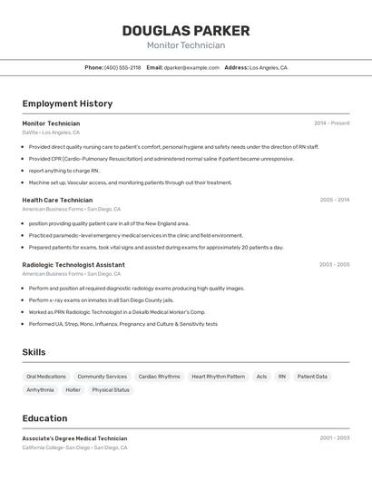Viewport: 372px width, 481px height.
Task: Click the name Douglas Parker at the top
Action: click(186, 31)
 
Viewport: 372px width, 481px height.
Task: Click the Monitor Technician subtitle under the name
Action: click(186, 45)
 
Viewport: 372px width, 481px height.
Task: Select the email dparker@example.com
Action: click(191, 67)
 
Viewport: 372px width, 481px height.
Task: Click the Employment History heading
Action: click(67, 103)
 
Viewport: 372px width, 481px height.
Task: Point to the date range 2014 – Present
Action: click(331, 123)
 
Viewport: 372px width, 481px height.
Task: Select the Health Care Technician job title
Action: click(57, 200)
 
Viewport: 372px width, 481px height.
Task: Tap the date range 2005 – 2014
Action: click(334, 200)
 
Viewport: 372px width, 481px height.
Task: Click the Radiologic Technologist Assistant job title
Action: click(73, 264)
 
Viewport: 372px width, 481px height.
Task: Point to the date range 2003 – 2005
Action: click(334, 264)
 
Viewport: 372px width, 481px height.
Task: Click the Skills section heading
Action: click(34, 352)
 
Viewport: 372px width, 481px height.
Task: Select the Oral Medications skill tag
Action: click(46, 376)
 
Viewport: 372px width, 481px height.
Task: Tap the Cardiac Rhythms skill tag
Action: click(159, 376)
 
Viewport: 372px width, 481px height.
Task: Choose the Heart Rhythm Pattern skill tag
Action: click(218, 376)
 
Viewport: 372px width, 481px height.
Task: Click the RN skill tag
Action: click(282, 376)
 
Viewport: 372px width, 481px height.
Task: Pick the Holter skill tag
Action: click(73, 389)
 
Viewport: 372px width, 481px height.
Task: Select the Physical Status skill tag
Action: click(111, 389)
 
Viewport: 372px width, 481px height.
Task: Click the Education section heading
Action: click(44, 418)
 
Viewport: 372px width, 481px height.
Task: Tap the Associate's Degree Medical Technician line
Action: click(74, 438)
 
